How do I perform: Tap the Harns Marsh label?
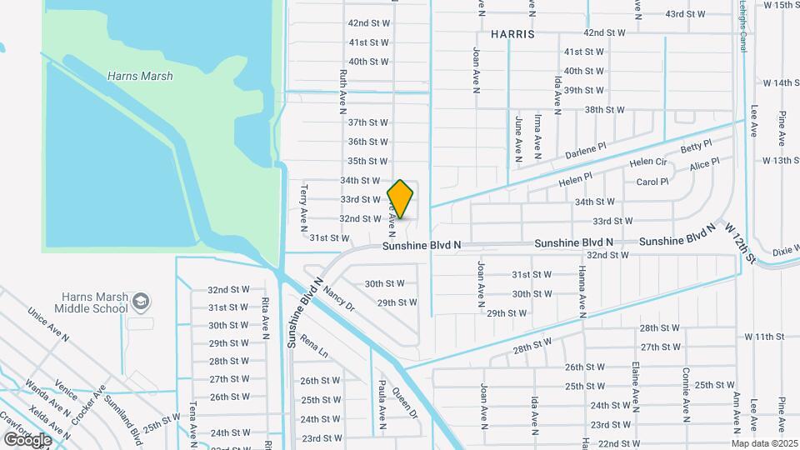point(140,76)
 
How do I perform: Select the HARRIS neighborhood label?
point(512,35)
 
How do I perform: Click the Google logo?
point(27,439)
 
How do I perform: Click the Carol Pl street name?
point(652,182)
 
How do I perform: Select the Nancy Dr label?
point(340,298)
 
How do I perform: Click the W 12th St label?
point(740,244)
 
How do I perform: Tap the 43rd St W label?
point(685,14)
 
